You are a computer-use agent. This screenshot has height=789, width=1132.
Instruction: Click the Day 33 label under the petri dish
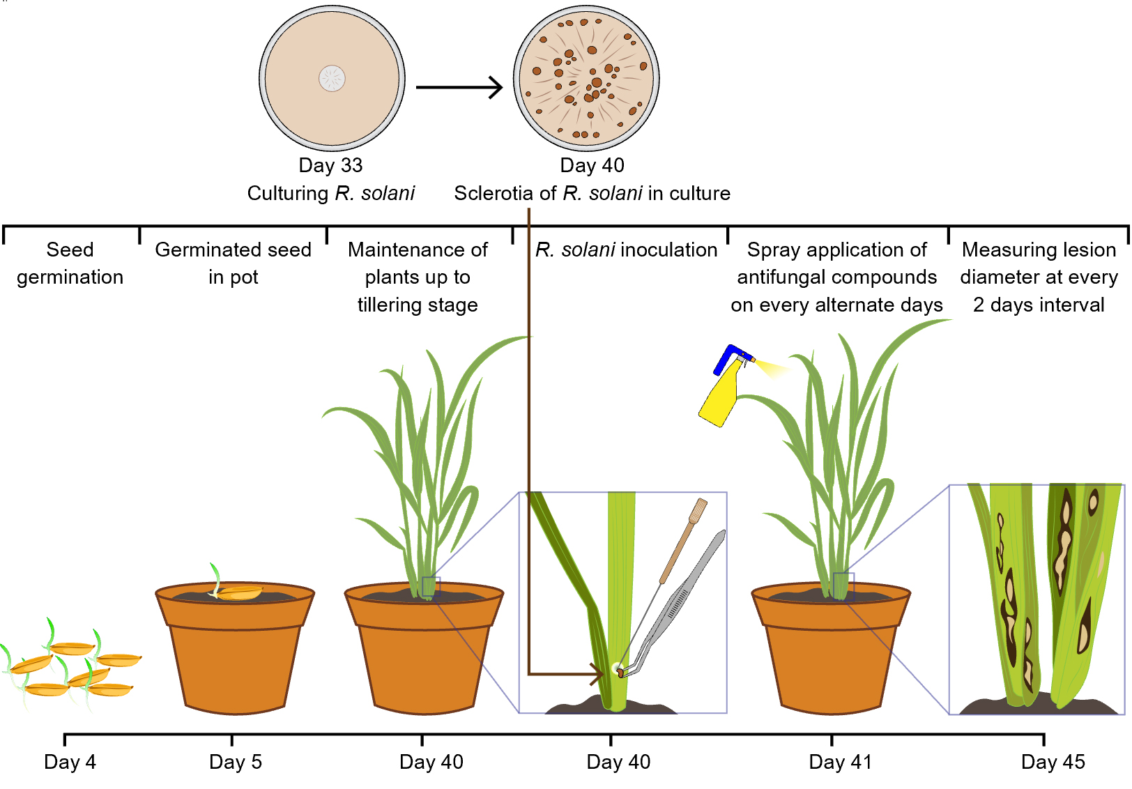[330, 165]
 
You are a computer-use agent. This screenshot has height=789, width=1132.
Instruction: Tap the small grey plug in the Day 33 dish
[332, 78]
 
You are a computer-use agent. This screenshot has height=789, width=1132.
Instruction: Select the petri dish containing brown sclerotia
[586, 78]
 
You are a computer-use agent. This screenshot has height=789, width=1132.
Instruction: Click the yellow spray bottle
[721, 397]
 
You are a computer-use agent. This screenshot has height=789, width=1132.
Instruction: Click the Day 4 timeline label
[70, 762]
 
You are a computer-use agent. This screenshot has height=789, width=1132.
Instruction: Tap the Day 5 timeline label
[236, 762]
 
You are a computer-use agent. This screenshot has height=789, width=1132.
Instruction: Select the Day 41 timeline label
[840, 762]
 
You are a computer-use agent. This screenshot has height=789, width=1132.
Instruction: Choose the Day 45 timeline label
[1053, 762]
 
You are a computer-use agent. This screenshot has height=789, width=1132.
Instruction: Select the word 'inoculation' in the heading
[669, 250]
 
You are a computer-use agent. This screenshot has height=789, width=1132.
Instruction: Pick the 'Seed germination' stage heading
[70, 263]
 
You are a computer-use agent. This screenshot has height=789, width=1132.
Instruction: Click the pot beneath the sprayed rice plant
[830, 655]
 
